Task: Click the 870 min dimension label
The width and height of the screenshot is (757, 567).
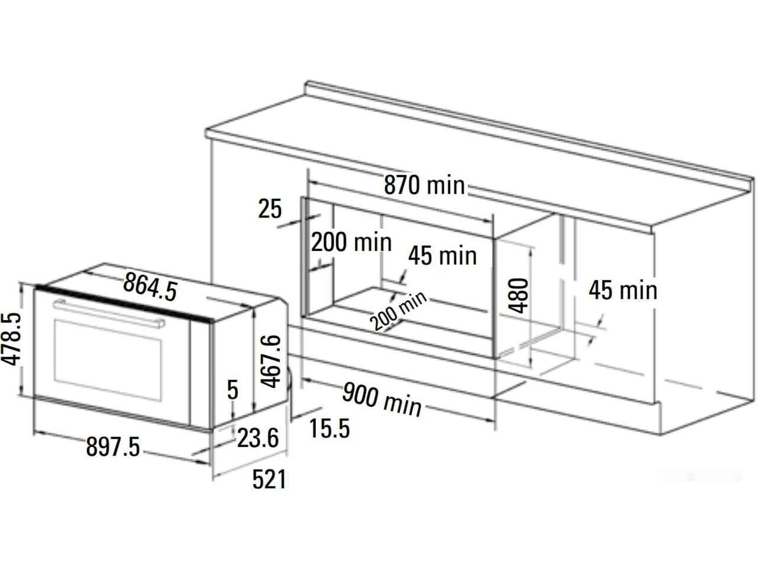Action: click(424, 185)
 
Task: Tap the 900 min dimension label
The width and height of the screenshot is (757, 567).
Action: click(382, 400)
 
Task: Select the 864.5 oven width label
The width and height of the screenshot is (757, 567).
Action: click(150, 286)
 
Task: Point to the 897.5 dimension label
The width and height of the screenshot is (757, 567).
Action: click(113, 447)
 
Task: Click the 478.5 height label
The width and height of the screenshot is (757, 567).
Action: click(11, 339)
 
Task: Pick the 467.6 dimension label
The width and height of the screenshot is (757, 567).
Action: click(271, 361)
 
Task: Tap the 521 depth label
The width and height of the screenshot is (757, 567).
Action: click(269, 479)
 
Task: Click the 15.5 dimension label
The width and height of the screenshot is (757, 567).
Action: click(329, 428)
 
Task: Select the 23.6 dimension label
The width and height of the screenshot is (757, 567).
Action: click(258, 438)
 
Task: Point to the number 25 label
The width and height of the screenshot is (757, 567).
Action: click(270, 208)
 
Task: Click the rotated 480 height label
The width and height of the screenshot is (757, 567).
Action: click(518, 295)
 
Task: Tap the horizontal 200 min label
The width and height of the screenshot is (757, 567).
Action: click(351, 242)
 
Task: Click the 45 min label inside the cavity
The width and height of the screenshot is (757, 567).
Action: click(442, 256)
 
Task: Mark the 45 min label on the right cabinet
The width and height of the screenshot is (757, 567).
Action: click(623, 290)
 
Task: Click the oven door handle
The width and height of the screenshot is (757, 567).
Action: click(109, 314)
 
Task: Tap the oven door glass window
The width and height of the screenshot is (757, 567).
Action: click(108, 360)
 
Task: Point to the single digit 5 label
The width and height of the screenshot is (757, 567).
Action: click(233, 389)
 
